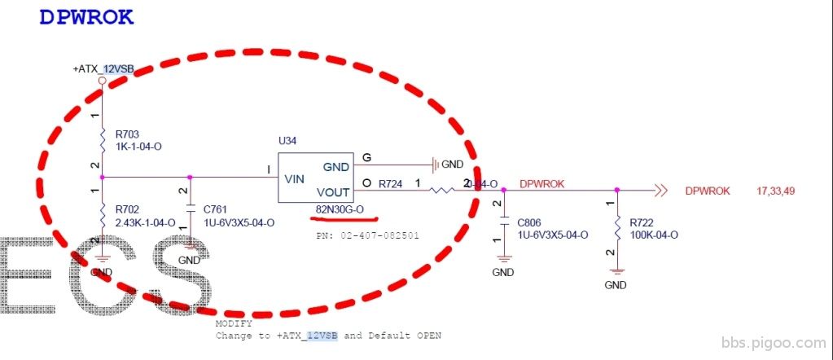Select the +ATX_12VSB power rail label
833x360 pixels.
[x=103, y=69]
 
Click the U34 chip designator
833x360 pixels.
[x=287, y=141]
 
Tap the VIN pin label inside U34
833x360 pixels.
[x=295, y=177]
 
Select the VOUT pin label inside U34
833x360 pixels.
[x=331, y=193]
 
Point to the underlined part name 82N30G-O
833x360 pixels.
[x=340, y=210]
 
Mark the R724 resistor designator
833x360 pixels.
[x=392, y=184]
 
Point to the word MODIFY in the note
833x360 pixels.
[x=234, y=323]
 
